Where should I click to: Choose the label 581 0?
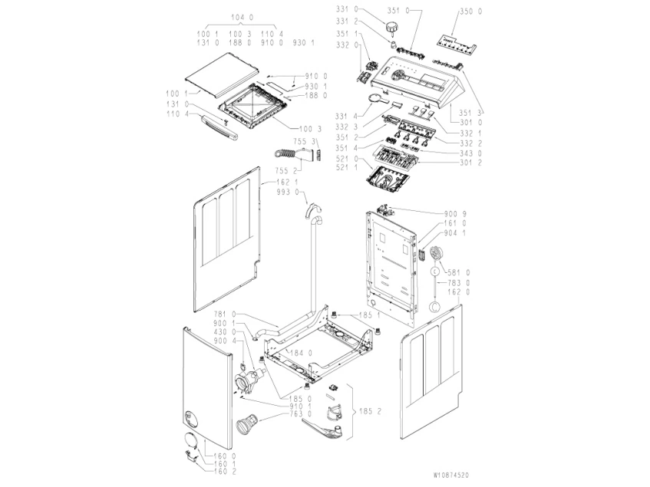pyautogui.click(x=460, y=272)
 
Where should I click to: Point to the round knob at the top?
pyautogui.click(x=394, y=28)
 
